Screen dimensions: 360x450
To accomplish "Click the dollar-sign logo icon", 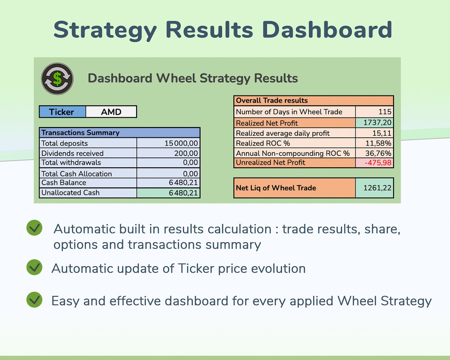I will (x=57, y=79).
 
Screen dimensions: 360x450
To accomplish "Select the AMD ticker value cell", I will (x=111, y=112).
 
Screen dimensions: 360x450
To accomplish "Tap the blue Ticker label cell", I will (x=62, y=112).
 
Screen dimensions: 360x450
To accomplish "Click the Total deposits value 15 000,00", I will (x=181, y=143).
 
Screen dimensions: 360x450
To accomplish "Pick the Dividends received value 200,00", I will (x=186, y=153).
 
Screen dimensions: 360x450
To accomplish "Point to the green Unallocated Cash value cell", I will (x=168, y=193).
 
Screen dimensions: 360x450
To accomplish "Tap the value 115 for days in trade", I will (x=384, y=112).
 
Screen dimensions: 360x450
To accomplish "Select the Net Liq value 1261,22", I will (x=375, y=188).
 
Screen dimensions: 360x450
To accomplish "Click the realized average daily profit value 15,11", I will (x=382, y=133).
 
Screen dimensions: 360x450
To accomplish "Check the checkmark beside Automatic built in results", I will (x=34, y=228).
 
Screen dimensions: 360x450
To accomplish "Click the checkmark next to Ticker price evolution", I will (x=34, y=267).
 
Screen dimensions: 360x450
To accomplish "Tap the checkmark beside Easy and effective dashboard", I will (x=34, y=300).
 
